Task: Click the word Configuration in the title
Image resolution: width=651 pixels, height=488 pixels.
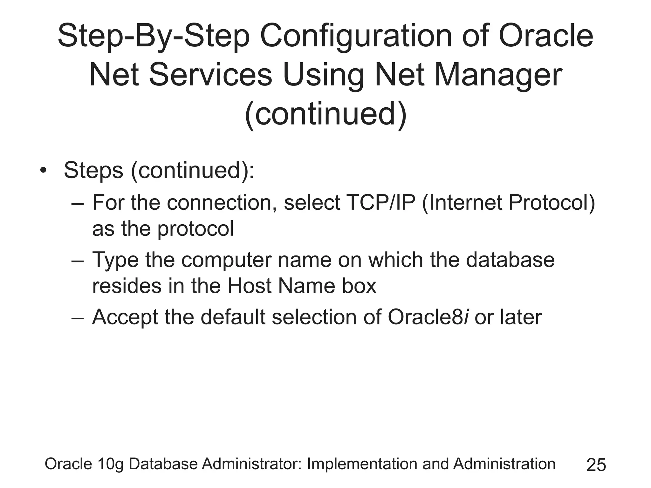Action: (x=356, y=37)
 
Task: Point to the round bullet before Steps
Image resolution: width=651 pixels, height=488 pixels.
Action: (x=43, y=172)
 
